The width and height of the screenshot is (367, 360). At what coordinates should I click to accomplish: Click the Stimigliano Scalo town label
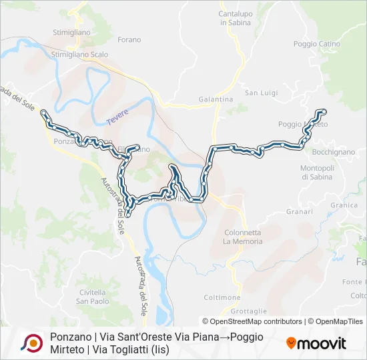pos(79,55)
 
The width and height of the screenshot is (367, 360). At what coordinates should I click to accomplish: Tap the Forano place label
pos(129,40)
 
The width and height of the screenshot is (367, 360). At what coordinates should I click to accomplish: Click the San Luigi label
pos(260,93)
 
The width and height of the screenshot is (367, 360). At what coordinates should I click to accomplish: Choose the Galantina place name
pos(216,99)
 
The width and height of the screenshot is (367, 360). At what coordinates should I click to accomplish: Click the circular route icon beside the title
pos(31,343)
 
